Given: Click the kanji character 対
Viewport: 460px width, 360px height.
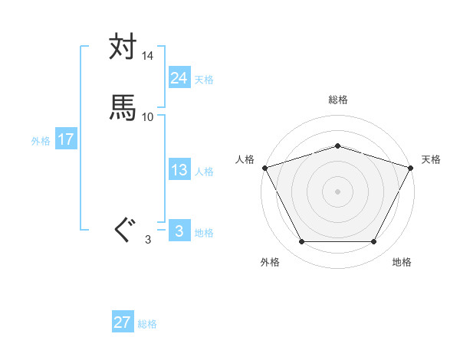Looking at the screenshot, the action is click(x=123, y=47).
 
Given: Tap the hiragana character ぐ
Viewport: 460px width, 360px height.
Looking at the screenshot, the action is click(x=123, y=229).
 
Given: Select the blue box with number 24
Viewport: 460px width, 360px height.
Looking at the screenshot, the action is click(x=179, y=77).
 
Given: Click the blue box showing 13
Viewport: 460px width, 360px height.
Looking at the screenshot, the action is click(x=179, y=170).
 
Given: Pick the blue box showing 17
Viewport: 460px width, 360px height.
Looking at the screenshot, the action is click(x=65, y=139).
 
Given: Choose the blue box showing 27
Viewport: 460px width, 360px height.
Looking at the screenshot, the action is click(x=122, y=322).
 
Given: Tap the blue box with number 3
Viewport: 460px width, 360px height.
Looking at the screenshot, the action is click(x=179, y=231).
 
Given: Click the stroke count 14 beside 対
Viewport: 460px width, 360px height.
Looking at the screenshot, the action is click(x=148, y=56).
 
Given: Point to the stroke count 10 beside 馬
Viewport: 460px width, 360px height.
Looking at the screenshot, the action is click(x=148, y=116).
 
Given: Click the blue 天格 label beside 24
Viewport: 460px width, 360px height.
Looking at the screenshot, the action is click(x=204, y=79).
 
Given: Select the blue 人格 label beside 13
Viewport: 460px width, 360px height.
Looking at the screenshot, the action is click(x=204, y=172).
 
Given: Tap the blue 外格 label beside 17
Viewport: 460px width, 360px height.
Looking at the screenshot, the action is click(x=41, y=141).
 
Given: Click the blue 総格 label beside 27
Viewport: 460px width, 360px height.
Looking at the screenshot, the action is click(x=147, y=324).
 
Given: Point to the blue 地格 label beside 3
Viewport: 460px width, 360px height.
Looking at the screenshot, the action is click(x=204, y=233).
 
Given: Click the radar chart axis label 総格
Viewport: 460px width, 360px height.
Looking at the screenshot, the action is click(x=337, y=100).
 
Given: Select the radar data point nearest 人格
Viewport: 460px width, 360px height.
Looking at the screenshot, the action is click(x=264, y=167).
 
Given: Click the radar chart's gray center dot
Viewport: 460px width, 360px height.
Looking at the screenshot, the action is click(x=337, y=191).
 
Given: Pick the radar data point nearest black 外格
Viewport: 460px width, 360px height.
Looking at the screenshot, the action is click(x=301, y=242).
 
